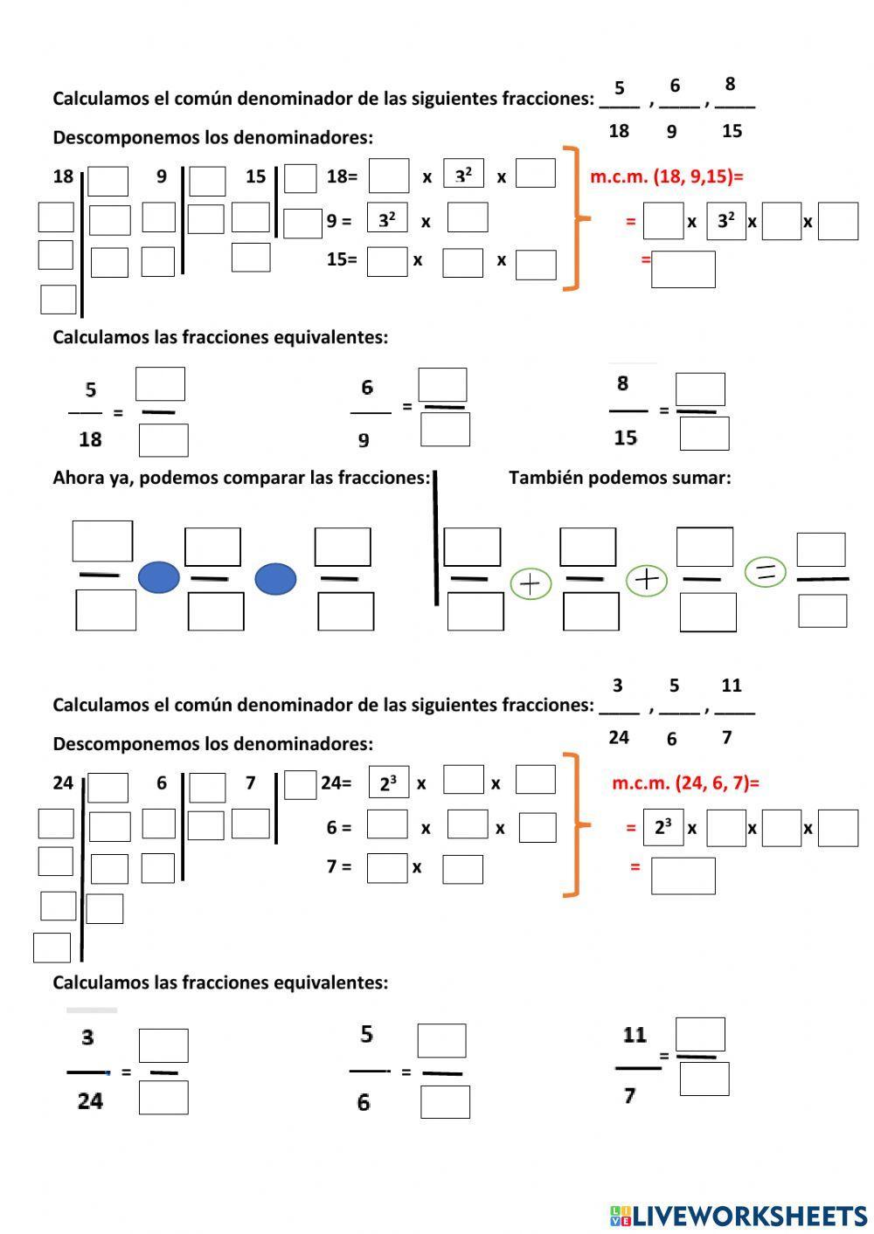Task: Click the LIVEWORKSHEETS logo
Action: click(x=739, y=1215)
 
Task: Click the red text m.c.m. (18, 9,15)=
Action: click(x=666, y=176)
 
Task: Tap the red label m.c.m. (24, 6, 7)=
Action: click(x=685, y=782)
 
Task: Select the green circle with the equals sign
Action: click(x=766, y=572)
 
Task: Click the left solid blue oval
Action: click(x=159, y=577)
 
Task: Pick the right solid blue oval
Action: click(x=275, y=578)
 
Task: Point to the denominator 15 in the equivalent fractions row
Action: click(x=626, y=438)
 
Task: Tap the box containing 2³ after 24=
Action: click(x=389, y=783)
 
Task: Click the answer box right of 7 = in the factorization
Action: click(x=387, y=867)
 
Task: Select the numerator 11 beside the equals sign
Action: click(x=635, y=1035)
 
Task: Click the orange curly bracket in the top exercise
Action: click(x=573, y=218)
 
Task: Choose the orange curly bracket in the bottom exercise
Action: click(x=573, y=824)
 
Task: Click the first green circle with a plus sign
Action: click(x=531, y=583)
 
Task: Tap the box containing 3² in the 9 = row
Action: click(x=387, y=220)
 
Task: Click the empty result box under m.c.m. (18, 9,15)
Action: click(x=683, y=269)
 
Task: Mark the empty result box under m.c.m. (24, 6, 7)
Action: click(x=683, y=875)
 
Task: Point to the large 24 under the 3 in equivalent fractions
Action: click(x=90, y=1100)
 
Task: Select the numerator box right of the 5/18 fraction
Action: click(x=160, y=384)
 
